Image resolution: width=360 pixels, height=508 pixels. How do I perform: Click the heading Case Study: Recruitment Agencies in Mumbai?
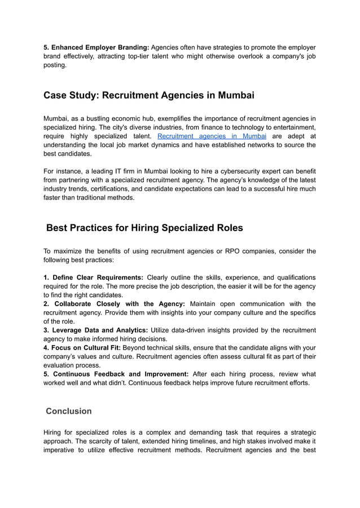148,95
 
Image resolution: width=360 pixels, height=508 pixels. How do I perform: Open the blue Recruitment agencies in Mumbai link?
212,136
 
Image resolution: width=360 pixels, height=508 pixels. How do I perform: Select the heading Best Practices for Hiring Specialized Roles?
144,228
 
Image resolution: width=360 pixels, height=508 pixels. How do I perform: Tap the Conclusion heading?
68,411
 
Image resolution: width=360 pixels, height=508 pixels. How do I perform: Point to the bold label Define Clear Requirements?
93,277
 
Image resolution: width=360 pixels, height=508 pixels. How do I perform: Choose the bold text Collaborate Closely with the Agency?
114,304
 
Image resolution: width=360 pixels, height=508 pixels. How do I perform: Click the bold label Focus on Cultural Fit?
82,348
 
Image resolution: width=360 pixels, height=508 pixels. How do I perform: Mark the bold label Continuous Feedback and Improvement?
116,374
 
